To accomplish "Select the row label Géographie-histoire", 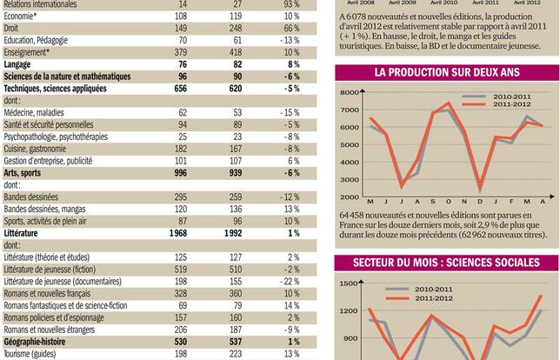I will click(42, 343).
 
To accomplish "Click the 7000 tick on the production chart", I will click(349, 110).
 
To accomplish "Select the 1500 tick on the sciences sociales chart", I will click(349, 283).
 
